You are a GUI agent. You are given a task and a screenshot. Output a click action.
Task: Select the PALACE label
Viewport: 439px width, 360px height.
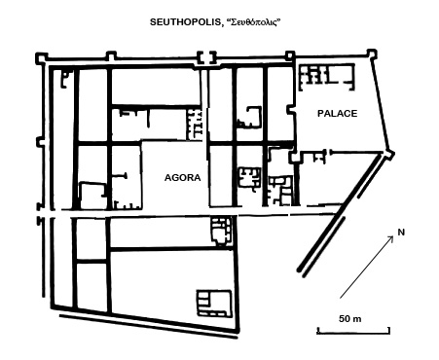[x=337, y=113]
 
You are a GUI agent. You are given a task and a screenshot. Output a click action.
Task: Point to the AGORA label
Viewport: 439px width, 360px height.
[x=181, y=178]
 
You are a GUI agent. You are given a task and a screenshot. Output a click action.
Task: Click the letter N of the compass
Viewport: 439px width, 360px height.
[x=400, y=233]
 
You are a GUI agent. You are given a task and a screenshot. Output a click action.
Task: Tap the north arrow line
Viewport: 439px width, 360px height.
[x=371, y=261]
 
